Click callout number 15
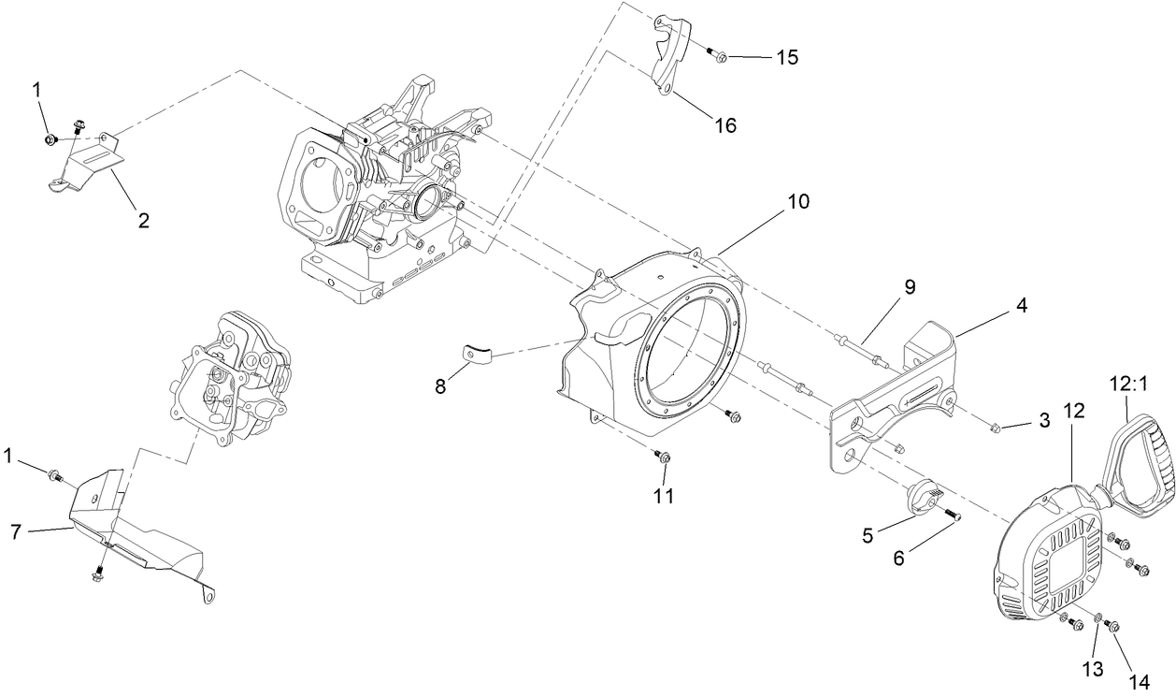point(786,58)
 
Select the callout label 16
point(724,123)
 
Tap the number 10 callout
point(797,201)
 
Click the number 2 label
point(143,221)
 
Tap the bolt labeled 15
point(718,56)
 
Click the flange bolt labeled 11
point(664,457)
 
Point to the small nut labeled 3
point(997,428)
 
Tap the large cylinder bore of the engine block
point(323,178)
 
